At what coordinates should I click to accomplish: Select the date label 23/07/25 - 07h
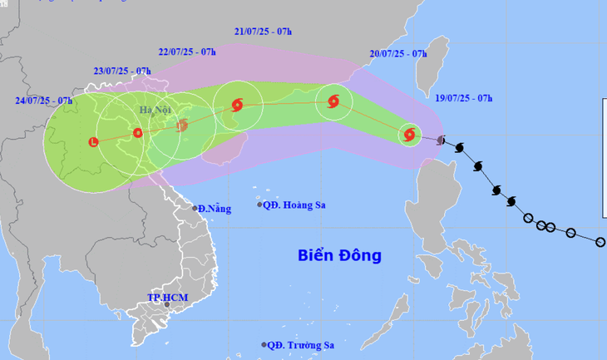pyautogui.click(x=122, y=72)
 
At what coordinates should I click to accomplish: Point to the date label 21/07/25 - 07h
pyautogui.click(x=263, y=32)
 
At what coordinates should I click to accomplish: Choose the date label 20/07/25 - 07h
pyautogui.click(x=398, y=54)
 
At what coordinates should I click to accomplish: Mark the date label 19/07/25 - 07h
pyautogui.click(x=464, y=97)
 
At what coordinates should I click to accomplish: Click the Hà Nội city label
pyautogui.click(x=156, y=110)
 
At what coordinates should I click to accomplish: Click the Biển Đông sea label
pyautogui.click(x=339, y=255)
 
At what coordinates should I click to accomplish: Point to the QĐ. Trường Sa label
pyautogui.click(x=301, y=345)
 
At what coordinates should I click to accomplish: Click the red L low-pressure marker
pyautogui.click(x=93, y=142)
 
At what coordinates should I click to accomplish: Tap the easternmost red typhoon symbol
pyautogui.click(x=408, y=134)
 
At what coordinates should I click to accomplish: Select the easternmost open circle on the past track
pyautogui.click(x=600, y=242)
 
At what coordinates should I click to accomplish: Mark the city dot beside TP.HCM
pyautogui.click(x=167, y=306)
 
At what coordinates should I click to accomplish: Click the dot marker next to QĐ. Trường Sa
pyautogui.click(x=264, y=345)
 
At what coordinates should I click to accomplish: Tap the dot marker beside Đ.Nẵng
pyautogui.click(x=195, y=208)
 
